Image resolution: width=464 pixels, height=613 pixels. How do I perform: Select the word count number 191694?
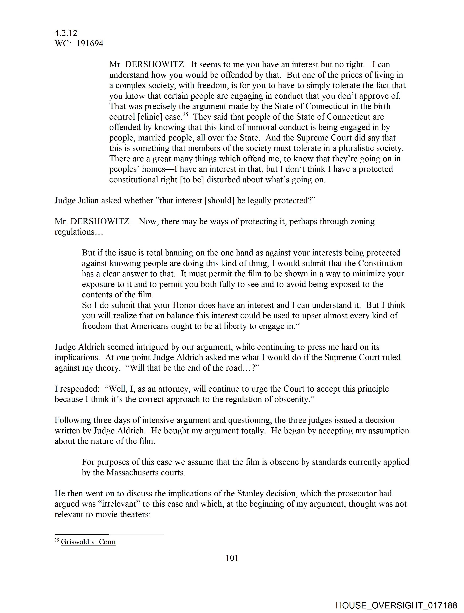90,43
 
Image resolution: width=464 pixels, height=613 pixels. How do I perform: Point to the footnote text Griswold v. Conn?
88,542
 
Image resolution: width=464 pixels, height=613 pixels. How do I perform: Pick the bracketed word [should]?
220,200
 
